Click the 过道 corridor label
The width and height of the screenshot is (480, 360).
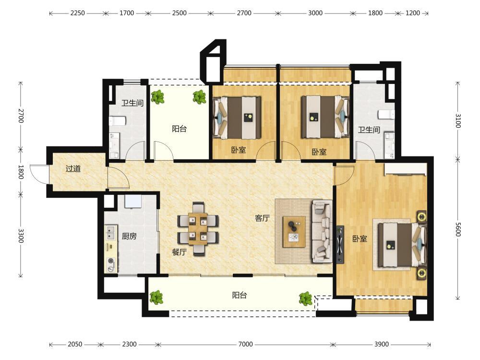pos(73,168)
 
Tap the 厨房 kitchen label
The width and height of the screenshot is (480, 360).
pos(129,236)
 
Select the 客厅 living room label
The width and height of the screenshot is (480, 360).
pos(263,218)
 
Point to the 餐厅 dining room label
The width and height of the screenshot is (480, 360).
pos(180,252)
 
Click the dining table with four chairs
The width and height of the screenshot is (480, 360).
pos(198,229)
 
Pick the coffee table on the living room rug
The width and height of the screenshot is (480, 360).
pos(294,232)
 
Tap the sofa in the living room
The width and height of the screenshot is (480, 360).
pos(322,231)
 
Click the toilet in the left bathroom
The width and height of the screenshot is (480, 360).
pos(118,120)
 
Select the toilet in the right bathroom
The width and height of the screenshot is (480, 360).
pos(386,115)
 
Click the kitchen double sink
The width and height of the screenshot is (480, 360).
pos(111,233)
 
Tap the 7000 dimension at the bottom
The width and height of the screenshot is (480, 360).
pos(245,344)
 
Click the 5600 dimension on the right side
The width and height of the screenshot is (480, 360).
pos(457,229)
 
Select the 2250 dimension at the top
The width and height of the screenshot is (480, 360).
pos(77,13)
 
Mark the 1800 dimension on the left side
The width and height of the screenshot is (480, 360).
pos(21,172)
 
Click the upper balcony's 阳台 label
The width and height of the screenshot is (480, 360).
pos(180,129)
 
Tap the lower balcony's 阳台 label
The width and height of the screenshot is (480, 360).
pos(240,295)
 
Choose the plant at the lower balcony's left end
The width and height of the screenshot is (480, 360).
pos(156,297)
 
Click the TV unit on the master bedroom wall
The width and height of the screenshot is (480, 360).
pos(339,244)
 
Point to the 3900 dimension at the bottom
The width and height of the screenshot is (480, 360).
pos(382,344)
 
